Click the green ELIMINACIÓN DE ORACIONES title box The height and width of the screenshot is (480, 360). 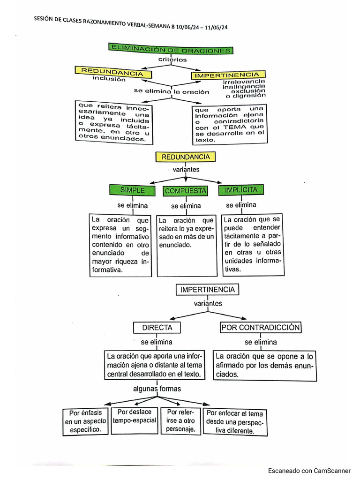[x=171, y=49]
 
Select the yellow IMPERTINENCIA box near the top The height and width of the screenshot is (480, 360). [x=228, y=75]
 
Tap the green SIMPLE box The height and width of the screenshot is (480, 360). [x=133, y=190]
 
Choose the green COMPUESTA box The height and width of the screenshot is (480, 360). [x=186, y=191]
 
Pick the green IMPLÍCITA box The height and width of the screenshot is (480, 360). [x=241, y=190]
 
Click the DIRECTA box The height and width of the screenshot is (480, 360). [x=157, y=328]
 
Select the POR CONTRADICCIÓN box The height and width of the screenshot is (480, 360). [x=261, y=328]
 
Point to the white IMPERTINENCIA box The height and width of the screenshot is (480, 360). [x=207, y=290]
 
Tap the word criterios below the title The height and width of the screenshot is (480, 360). [x=172, y=60]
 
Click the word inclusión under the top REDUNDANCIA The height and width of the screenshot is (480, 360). [x=109, y=79]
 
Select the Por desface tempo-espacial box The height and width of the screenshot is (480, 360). [x=135, y=416]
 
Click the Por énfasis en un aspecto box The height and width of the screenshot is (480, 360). [x=85, y=421]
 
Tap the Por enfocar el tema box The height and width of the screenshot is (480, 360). [x=235, y=421]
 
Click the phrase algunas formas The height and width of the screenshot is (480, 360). [x=157, y=389]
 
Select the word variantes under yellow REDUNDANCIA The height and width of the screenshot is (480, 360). [x=186, y=169]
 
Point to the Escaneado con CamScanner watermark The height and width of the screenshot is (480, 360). [x=309, y=471]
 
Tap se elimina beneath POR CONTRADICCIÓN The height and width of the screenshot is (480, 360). [x=261, y=342]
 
